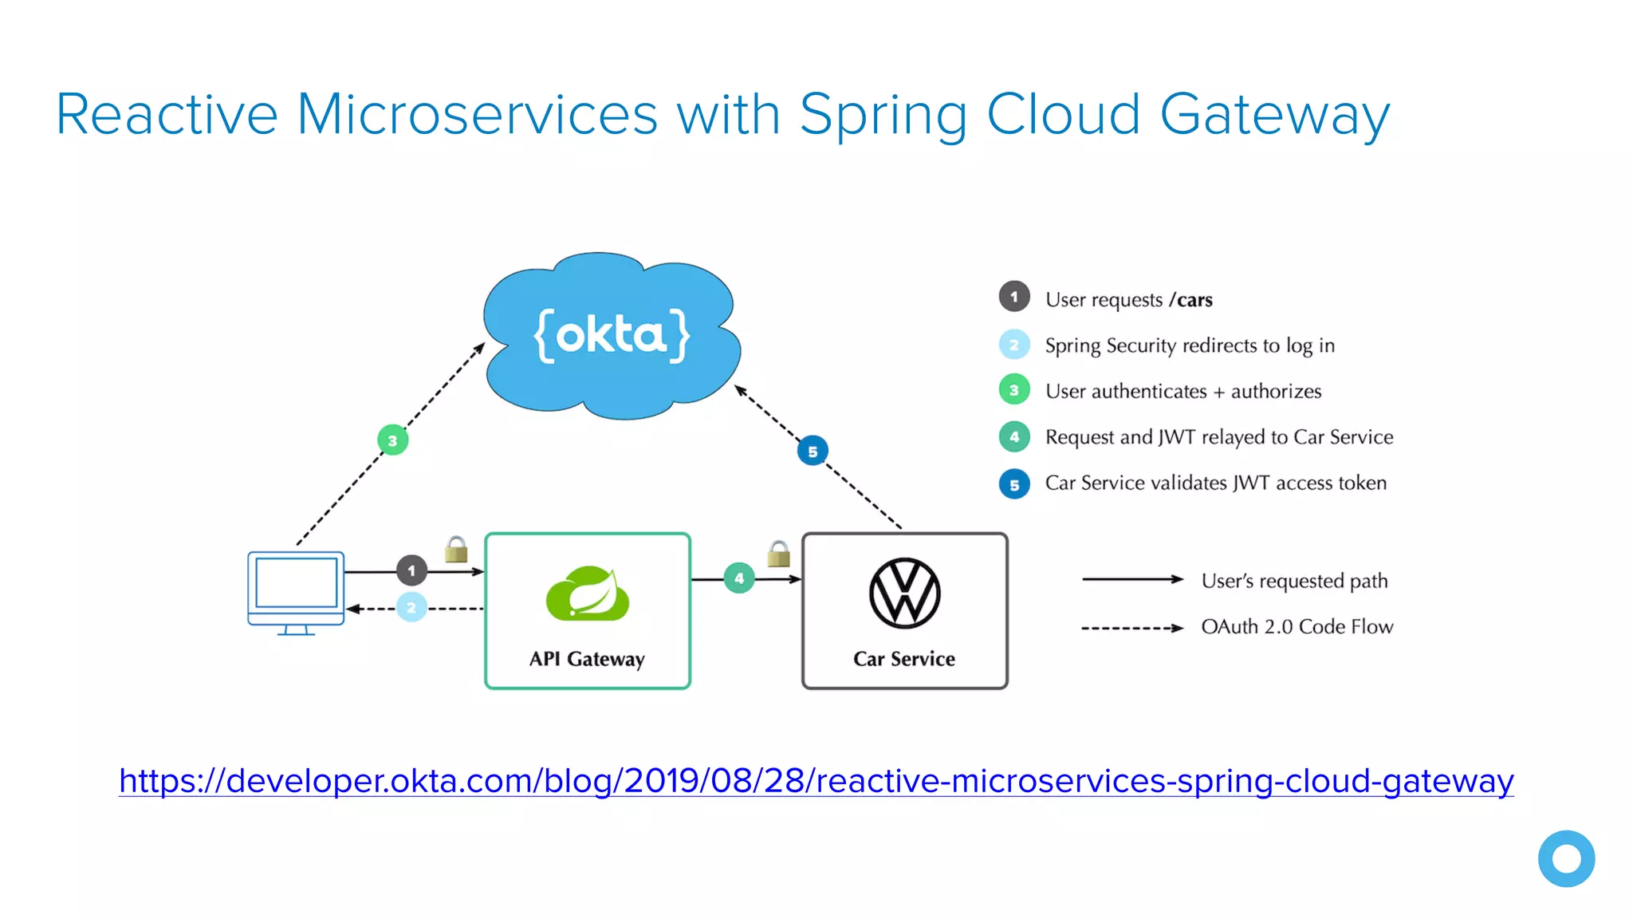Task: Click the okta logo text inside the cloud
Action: click(612, 336)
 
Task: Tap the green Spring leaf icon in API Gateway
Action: click(588, 594)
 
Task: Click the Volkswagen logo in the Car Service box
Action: click(904, 594)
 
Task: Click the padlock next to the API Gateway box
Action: click(456, 550)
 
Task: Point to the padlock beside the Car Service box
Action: click(778, 554)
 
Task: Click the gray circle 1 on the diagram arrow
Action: click(411, 570)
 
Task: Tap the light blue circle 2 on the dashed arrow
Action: click(411, 608)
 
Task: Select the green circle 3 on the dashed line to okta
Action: click(392, 440)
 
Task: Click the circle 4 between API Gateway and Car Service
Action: click(739, 578)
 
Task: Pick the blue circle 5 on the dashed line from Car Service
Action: click(813, 452)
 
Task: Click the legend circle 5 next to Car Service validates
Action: click(1014, 484)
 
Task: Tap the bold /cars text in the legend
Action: click(1190, 300)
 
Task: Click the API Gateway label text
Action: click(587, 659)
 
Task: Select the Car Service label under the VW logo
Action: click(904, 659)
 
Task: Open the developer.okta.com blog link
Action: click(816, 780)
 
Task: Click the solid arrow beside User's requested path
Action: click(1132, 579)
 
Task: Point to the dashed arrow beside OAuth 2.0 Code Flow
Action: click(1132, 628)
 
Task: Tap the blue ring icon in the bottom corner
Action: click(1566, 858)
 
